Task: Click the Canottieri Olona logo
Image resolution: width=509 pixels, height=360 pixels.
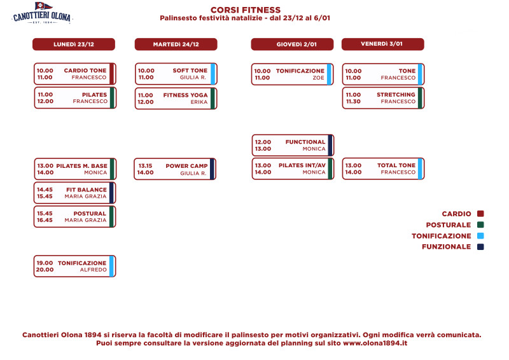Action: [x=42, y=13]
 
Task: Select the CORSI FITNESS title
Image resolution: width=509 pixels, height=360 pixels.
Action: [x=246, y=10]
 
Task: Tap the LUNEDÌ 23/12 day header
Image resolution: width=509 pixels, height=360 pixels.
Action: [x=74, y=45]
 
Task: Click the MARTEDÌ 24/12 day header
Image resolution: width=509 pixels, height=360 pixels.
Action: [x=176, y=45]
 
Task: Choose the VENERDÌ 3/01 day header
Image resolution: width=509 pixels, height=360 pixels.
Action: [x=383, y=44]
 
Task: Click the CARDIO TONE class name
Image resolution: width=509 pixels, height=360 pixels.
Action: [x=85, y=71]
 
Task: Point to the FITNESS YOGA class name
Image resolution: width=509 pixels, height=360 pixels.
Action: [x=185, y=95]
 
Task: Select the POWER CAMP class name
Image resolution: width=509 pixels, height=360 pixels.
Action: [x=186, y=166]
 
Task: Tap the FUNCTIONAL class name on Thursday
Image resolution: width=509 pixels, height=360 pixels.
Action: [x=305, y=142]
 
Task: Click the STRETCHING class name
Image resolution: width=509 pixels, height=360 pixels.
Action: [x=396, y=95]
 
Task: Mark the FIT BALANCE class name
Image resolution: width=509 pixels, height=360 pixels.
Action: [x=87, y=190]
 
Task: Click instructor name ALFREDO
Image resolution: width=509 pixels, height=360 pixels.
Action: [x=93, y=270]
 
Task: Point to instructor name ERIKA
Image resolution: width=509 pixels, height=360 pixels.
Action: [x=199, y=102]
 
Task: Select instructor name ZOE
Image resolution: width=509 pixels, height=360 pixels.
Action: [x=319, y=78]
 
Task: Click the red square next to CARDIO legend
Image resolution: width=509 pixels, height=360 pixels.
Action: [x=480, y=214]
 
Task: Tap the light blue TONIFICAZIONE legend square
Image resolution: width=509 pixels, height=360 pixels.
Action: [x=480, y=236]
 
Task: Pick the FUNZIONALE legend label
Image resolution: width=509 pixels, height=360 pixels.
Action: [x=447, y=247]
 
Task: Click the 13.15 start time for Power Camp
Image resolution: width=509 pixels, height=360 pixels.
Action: [x=145, y=166]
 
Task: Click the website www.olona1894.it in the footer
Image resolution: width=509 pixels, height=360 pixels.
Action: [x=375, y=343]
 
